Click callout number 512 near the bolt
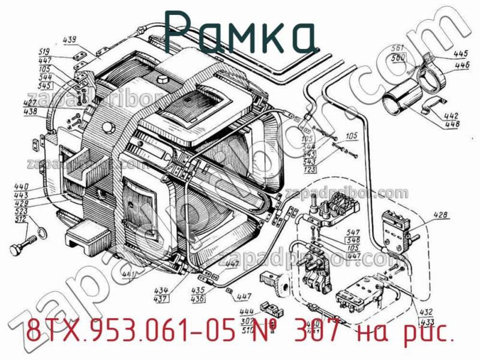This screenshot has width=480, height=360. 22,220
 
